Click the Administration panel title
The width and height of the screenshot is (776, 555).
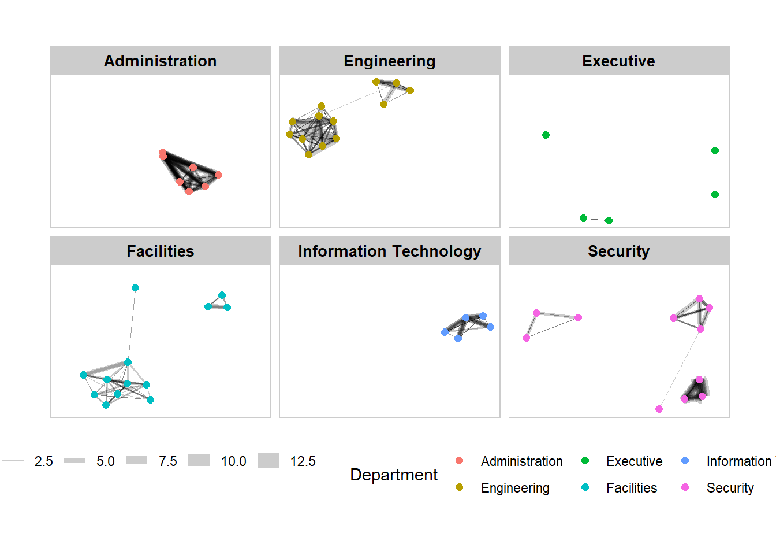pos(160,61)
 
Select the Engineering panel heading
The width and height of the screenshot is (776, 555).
pos(390,61)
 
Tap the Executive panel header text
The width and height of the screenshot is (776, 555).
pos(618,61)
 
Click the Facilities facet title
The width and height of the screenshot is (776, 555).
pos(160,251)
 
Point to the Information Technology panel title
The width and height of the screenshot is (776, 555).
pos(390,251)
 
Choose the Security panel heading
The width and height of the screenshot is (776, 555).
pos(618,251)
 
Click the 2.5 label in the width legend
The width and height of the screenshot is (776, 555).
pos(43,461)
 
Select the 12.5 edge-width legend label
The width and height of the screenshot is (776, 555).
pos(303,461)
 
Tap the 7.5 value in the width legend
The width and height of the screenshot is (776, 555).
pos(168,461)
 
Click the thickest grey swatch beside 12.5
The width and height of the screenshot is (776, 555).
pos(268,461)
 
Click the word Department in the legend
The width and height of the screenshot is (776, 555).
pos(394,475)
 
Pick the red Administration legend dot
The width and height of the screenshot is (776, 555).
pos(460,461)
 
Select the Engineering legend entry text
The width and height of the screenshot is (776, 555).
pos(515,488)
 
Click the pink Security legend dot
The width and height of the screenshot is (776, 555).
pos(685,487)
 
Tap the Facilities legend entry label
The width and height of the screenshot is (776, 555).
pos(632,488)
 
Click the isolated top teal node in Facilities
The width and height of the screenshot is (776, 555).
pos(135,287)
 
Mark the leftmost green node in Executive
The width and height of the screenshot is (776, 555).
pos(546,135)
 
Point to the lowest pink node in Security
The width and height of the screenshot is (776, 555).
pos(659,409)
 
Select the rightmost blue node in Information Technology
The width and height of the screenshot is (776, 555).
pos(490,327)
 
